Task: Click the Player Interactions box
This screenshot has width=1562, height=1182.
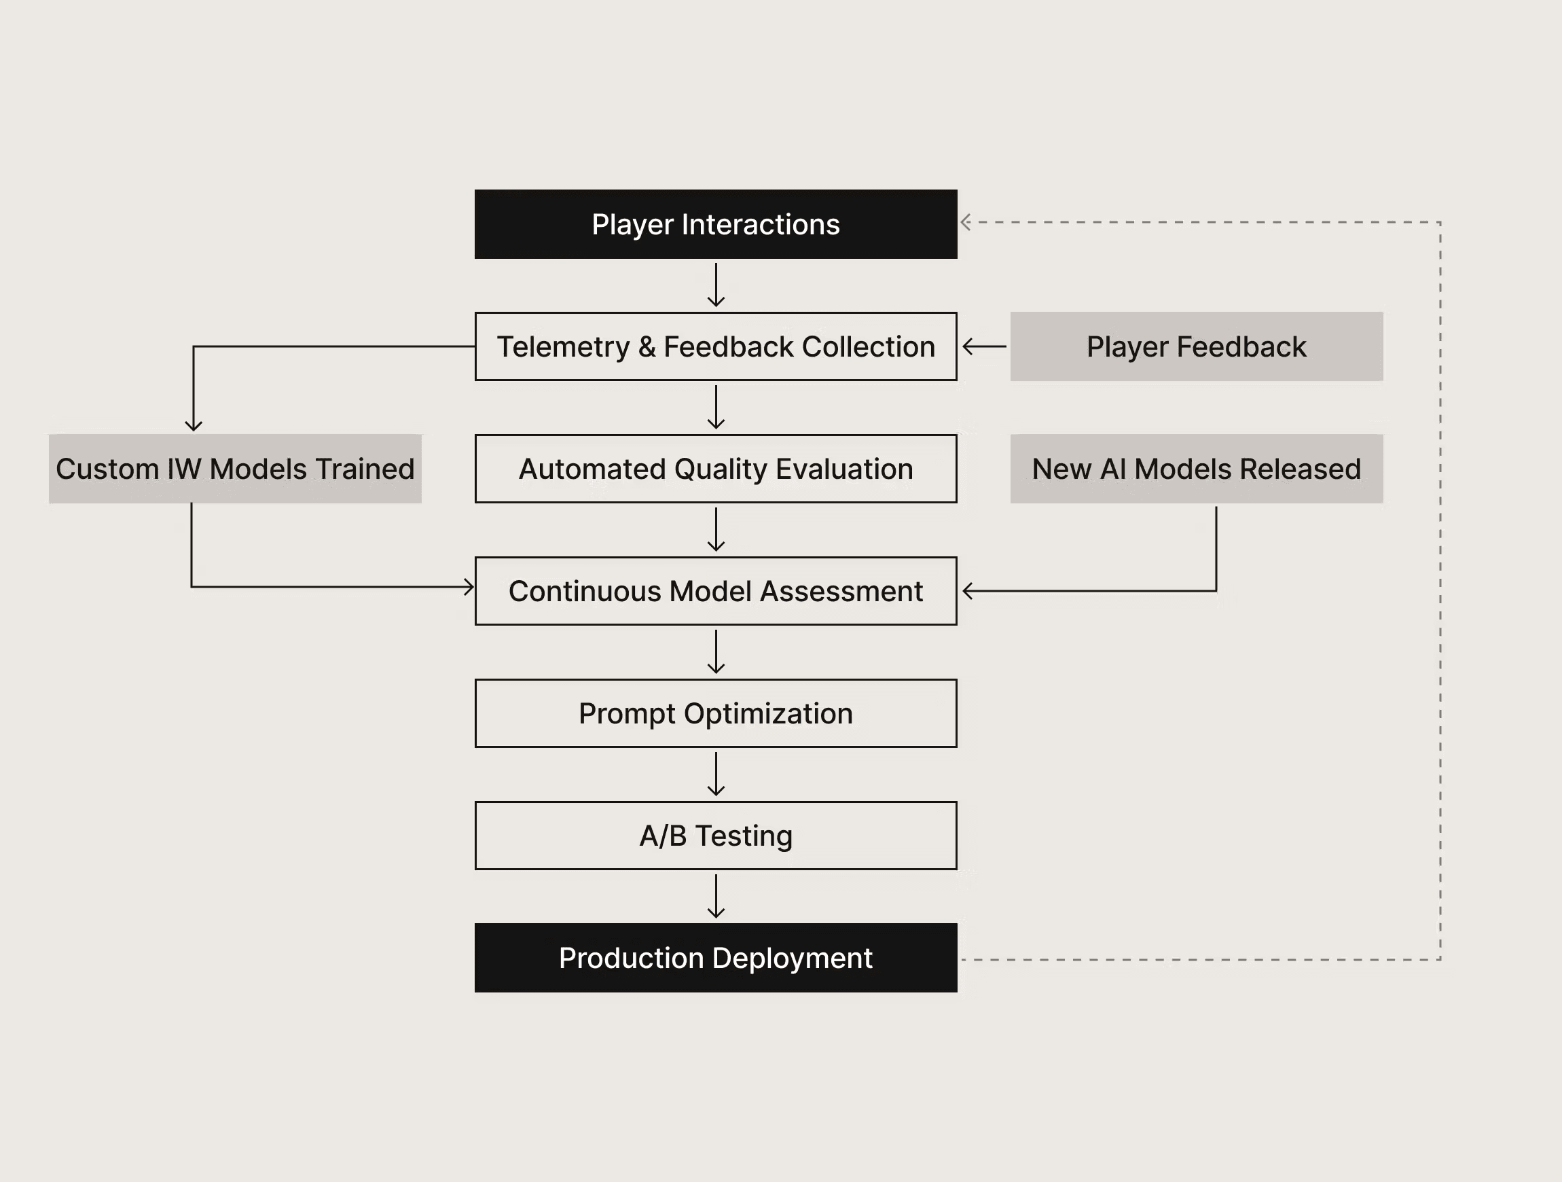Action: tap(715, 224)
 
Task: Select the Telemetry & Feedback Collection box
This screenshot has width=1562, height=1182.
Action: tap(715, 346)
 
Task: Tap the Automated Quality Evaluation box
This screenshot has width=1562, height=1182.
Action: tap(715, 469)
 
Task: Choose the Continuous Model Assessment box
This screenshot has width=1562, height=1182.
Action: tap(715, 590)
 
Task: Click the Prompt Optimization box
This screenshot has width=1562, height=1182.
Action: tap(715, 713)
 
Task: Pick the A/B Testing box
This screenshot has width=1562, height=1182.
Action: tap(715, 835)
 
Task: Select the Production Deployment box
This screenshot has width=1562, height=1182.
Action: tap(715, 957)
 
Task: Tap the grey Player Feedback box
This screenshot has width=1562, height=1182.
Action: tap(1196, 346)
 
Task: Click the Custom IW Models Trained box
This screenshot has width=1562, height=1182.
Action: tap(234, 469)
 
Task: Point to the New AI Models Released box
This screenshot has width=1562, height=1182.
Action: tap(1196, 469)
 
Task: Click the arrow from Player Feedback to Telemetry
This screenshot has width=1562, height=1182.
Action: tap(983, 346)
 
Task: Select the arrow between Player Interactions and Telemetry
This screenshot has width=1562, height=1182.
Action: tap(716, 285)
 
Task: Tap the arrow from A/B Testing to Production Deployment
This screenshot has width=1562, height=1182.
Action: tap(716, 896)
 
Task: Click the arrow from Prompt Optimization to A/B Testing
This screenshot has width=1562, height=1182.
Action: tap(716, 774)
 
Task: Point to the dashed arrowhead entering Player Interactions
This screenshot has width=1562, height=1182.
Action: tap(966, 222)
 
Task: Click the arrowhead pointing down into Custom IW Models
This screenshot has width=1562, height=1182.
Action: tap(194, 425)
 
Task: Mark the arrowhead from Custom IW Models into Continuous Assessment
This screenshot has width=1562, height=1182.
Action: tap(468, 586)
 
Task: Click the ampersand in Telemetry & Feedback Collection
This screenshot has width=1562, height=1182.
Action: tap(646, 347)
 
